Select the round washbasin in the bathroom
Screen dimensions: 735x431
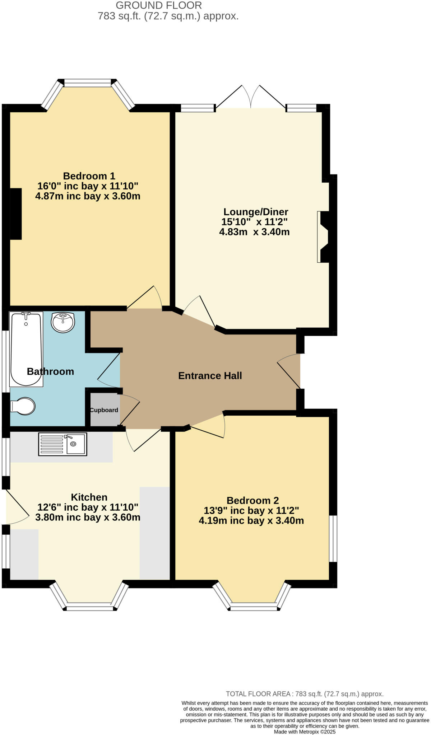63,322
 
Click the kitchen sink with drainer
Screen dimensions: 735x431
62,444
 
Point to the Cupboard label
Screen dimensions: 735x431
104,410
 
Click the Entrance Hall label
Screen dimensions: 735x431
210,376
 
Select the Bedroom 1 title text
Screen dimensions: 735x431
89,176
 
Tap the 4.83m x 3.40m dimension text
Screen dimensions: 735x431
254,232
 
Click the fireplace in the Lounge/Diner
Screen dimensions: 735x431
323,237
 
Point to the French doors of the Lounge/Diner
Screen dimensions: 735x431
251,98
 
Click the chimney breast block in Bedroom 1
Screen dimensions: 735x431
16,214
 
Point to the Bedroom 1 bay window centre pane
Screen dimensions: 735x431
88,83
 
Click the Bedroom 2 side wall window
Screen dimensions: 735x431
333,538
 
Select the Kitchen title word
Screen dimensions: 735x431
89,497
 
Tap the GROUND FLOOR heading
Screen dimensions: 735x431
159,5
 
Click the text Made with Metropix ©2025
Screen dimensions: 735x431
305,731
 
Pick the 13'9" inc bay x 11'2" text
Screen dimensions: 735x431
251,510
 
